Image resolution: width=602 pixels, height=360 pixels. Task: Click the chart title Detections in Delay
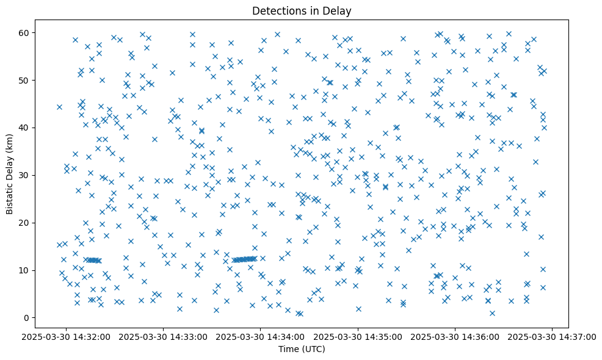click(x=302, y=10)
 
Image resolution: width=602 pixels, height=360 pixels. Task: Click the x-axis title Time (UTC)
click(x=302, y=349)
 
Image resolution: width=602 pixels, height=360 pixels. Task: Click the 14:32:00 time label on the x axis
click(x=67, y=336)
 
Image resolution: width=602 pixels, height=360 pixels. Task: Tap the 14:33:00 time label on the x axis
click(x=164, y=336)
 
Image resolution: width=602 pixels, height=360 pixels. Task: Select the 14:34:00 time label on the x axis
click(x=261, y=336)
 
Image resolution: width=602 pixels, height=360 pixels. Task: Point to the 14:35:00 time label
click(x=358, y=336)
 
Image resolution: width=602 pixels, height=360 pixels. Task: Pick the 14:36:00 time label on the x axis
click(x=455, y=336)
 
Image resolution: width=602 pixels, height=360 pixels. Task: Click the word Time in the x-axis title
click(x=289, y=349)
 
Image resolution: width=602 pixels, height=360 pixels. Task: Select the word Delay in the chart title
click(x=339, y=10)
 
